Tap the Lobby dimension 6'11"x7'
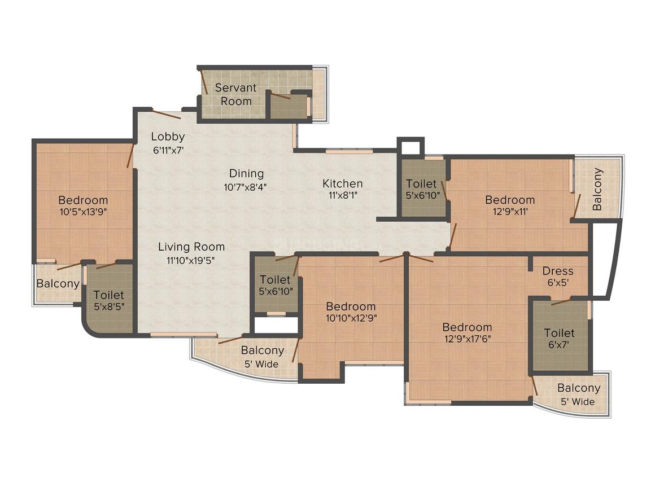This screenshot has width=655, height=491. point(168,150)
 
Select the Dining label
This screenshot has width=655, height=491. point(246,173)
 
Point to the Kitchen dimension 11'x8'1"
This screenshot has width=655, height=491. point(342,195)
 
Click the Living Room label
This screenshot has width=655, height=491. point(191,247)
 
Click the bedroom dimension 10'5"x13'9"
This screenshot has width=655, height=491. point(83,212)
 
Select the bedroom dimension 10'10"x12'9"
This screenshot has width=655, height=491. point(351,318)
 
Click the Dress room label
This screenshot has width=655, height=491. point(558,271)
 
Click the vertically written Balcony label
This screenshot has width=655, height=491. point(597,189)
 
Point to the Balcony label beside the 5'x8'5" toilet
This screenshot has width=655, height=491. point(58,283)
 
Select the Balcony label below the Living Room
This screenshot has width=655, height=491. point(263,350)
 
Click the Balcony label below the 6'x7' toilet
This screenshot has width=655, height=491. point(579,388)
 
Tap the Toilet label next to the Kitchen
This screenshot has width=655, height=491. point(421,183)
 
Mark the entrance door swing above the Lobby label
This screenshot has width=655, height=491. point(167,114)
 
